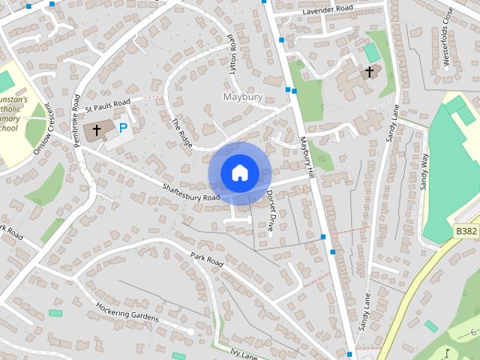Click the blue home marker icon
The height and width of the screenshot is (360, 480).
(x=239, y=173)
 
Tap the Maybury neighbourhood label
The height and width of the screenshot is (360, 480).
(x=241, y=97)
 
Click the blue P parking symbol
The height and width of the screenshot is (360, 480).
(x=122, y=128)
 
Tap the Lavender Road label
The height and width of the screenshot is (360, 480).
(x=327, y=11)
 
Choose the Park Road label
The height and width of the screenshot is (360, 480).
(x=207, y=260)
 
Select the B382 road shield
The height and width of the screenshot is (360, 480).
(x=466, y=232)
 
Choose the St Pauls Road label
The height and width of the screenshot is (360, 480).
(x=108, y=102)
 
